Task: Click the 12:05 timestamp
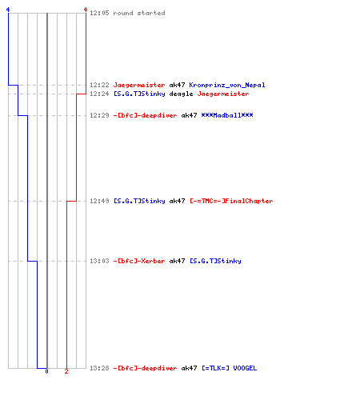point(99,13)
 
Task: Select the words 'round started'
point(139,13)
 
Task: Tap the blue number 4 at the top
point(8,10)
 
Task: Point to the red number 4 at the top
point(86,10)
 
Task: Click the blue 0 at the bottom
point(46,371)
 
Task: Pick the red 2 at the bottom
point(66,371)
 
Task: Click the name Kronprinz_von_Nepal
point(227,85)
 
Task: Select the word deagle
point(181,94)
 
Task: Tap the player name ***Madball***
point(227,115)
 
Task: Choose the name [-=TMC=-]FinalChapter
point(231,201)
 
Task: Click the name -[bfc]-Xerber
point(139,261)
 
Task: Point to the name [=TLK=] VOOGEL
point(229,368)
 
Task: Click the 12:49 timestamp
point(99,201)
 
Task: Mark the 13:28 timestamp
point(99,368)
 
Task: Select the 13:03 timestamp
point(99,261)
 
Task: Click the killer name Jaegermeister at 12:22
point(139,85)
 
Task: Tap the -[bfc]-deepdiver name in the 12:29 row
point(145,115)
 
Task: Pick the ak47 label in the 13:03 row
point(177,261)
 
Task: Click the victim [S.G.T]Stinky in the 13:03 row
point(215,261)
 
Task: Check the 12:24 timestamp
point(99,94)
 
